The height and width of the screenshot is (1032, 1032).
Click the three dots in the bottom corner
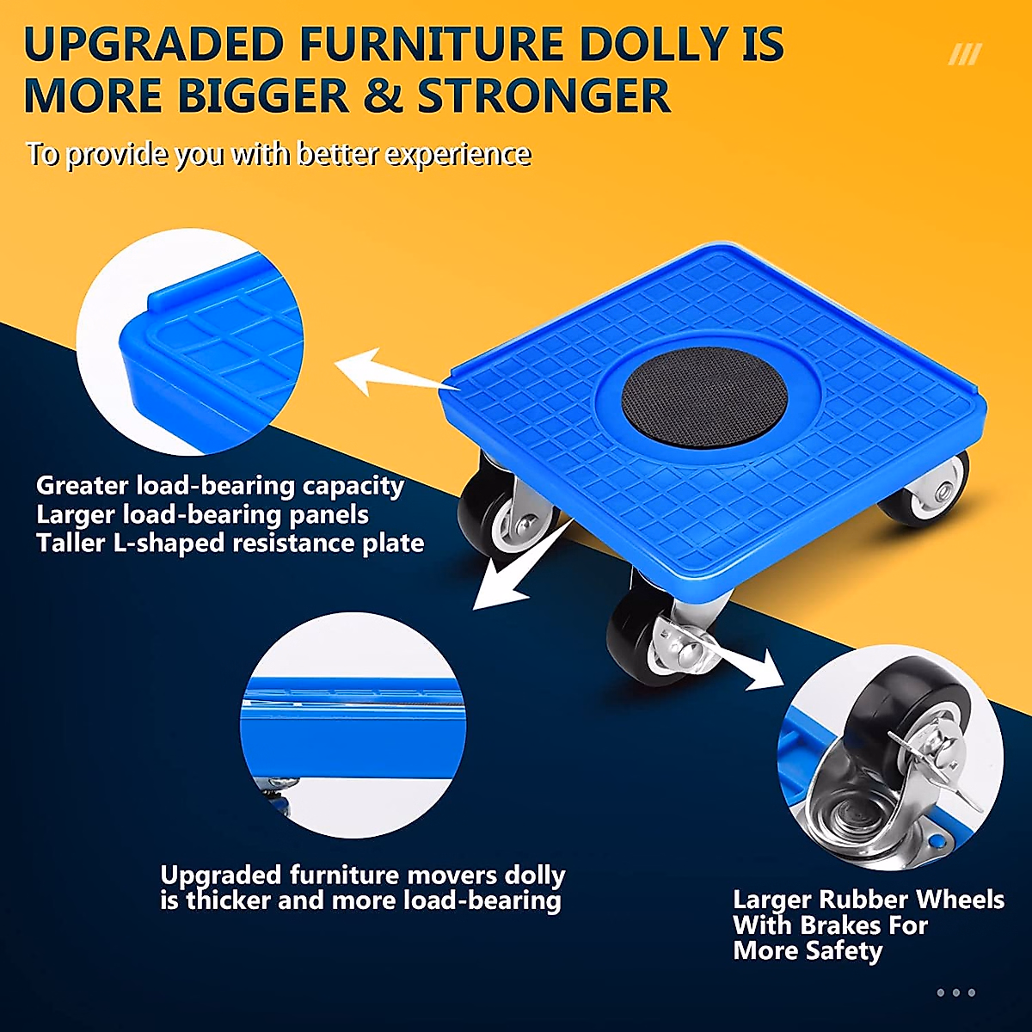click(955, 992)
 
